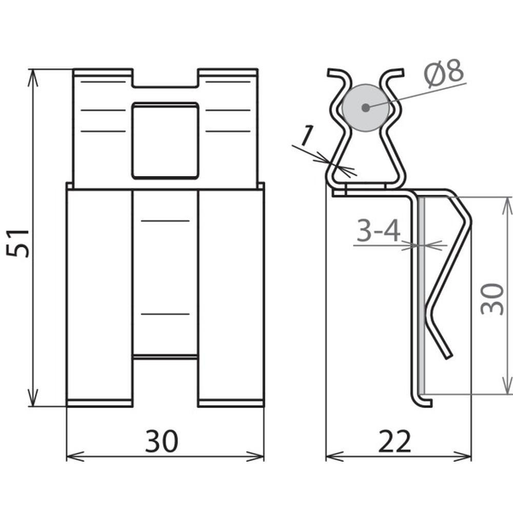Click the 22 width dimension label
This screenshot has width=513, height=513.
394,441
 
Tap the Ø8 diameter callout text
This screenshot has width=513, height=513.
444,74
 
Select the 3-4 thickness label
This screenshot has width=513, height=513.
378,230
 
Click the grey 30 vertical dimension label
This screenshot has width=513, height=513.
492,299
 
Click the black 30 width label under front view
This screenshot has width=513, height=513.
162,441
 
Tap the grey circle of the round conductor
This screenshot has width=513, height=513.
366,108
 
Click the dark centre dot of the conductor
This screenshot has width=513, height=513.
366,108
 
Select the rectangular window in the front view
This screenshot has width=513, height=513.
165,141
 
